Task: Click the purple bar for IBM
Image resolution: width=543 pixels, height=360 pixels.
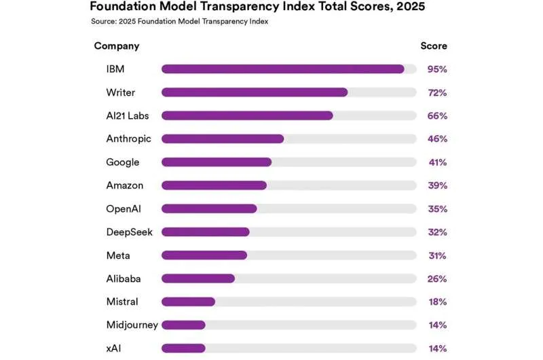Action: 282,69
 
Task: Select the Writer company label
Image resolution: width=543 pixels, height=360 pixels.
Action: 121,92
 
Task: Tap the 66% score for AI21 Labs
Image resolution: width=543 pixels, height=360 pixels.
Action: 437,115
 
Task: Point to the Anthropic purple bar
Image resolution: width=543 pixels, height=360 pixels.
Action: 223,139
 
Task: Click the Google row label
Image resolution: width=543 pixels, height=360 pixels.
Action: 123,162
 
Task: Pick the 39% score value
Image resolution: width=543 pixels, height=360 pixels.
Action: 437,185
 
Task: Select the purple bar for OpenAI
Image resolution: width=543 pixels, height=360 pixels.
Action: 209,209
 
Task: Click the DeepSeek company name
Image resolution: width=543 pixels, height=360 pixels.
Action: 130,232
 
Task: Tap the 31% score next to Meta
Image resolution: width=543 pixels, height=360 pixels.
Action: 437,255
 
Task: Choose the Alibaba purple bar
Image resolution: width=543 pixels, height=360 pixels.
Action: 198,278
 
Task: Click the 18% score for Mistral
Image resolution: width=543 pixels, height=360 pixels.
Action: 437,302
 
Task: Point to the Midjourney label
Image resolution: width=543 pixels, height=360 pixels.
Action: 132,325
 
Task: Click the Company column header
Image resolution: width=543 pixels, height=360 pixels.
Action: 117,46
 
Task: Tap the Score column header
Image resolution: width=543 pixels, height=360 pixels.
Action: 434,46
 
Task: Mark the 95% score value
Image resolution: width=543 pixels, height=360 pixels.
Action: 437,69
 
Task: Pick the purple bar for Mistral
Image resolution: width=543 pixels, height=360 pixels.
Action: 188,302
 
